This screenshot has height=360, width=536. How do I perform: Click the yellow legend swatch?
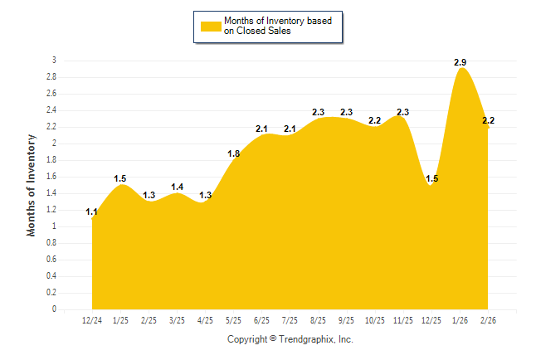click(210, 27)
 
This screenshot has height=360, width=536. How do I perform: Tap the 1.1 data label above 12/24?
click(92, 212)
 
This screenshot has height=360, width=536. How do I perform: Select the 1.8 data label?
click(233, 154)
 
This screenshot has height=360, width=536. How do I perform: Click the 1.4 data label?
click(177, 187)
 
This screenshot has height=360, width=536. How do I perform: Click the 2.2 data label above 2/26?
click(488, 121)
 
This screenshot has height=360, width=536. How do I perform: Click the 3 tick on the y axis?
click(54, 61)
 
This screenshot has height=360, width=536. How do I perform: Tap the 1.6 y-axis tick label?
click(51, 177)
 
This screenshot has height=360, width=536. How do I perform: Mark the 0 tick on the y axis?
click(54, 309)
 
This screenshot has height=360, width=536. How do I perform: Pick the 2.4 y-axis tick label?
click(51, 110)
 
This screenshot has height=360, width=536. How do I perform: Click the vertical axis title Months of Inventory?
click(32, 185)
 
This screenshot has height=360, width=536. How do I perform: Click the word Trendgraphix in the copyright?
click(306, 339)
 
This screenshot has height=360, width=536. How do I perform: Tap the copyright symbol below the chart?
click(273, 339)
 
